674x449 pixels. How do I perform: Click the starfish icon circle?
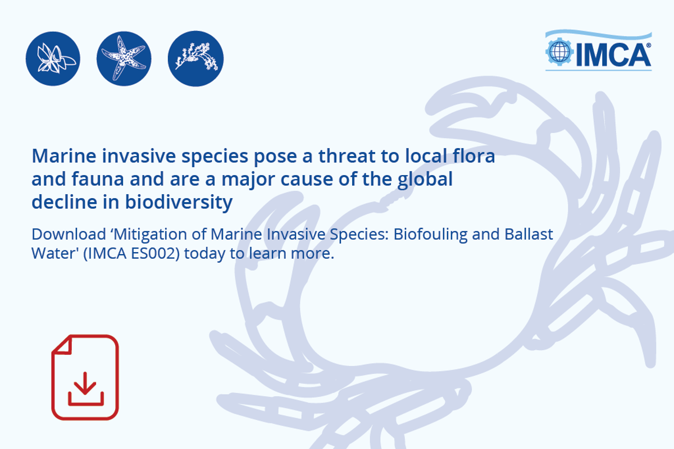point(124,58)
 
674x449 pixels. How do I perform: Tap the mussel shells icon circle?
point(53,58)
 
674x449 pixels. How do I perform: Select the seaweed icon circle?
point(195,58)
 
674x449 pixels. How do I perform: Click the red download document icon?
point(85,377)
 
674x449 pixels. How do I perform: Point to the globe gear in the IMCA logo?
point(559,52)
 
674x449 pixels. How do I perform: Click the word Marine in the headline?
point(64,156)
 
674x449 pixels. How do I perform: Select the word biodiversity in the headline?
point(179,203)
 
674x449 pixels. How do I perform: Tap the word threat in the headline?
point(347,156)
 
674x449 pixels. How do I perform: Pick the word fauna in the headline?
point(98,179)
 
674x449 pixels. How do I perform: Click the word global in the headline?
point(425,180)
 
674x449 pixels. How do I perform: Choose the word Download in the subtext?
point(69,234)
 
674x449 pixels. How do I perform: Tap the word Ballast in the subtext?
point(529,234)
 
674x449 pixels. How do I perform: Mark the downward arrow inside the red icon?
point(85,383)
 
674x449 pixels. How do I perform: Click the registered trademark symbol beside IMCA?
point(648,45)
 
